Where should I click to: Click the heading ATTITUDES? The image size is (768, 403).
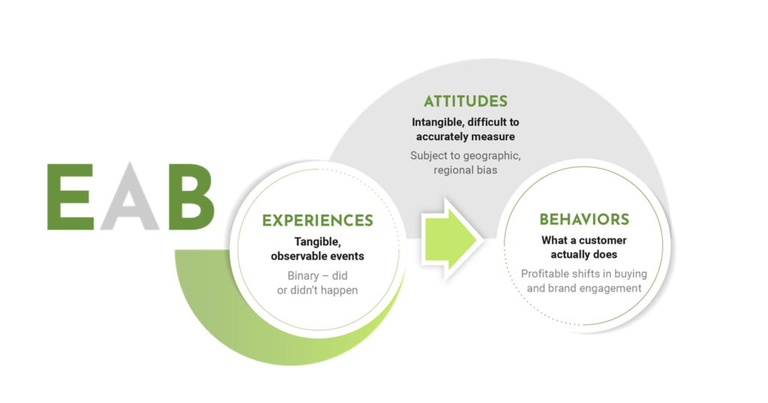pos(465,101)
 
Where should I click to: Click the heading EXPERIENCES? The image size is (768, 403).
pos(317,221)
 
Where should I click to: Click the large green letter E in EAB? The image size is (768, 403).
pos(70,197)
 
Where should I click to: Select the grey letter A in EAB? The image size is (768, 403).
pos(129,198)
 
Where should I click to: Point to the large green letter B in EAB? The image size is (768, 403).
pos(191,197)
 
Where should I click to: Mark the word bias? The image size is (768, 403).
pos(485,170)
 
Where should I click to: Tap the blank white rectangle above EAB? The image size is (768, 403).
pos(207,65)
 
